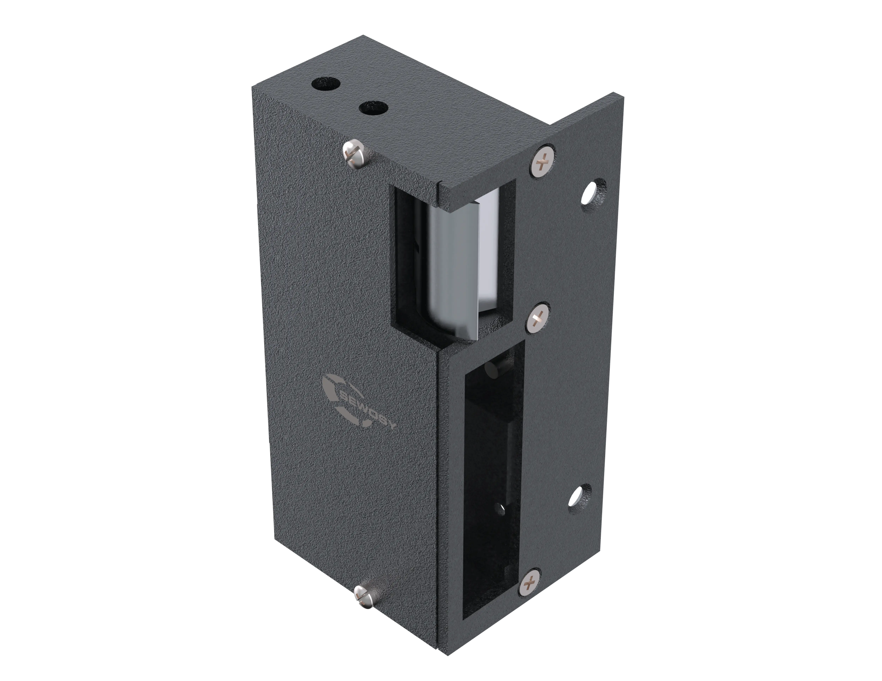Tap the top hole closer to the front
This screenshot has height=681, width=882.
tap(374, 108)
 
